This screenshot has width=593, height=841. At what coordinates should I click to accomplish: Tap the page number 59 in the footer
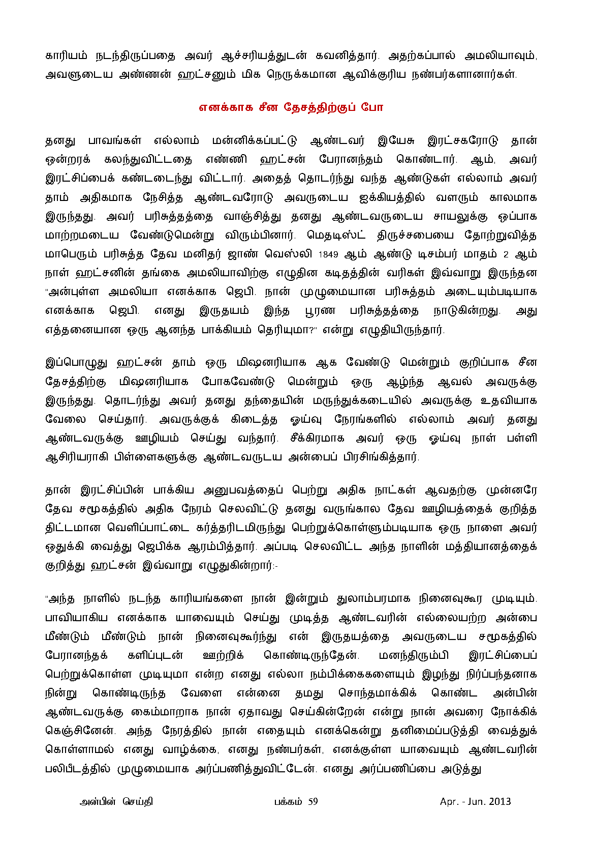click(312, 802)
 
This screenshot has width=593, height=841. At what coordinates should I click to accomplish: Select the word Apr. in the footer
click(449, 802)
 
